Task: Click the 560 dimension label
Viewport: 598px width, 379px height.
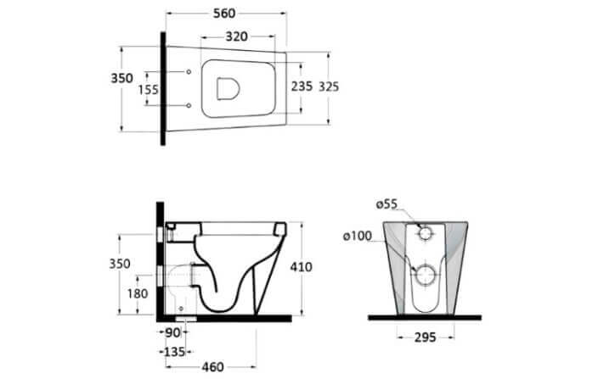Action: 224,14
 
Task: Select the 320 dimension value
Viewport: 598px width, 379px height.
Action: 236,36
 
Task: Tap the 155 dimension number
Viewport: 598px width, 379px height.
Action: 148,90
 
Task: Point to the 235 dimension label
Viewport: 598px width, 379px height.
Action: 302,86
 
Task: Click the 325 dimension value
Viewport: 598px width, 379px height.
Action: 329,86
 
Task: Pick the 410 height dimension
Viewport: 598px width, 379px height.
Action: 301,267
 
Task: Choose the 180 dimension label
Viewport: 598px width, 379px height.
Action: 138,293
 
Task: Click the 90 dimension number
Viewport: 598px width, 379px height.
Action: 172,332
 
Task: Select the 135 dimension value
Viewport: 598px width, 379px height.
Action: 174,352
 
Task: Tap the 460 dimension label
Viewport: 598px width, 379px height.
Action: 213,367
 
